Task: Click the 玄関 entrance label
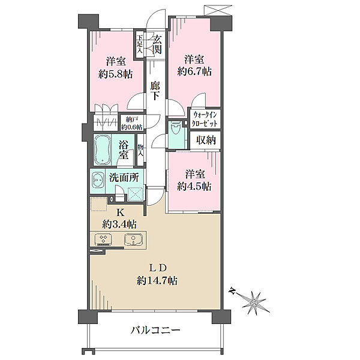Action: [x=157, y=45]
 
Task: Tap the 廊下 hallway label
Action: [x=155, y=91]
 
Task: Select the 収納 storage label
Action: [x=206, y=141]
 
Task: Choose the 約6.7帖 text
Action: [x=194, y=71]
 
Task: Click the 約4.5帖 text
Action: [x=194, y=186]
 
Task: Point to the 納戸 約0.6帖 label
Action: [x=131, y=123]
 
